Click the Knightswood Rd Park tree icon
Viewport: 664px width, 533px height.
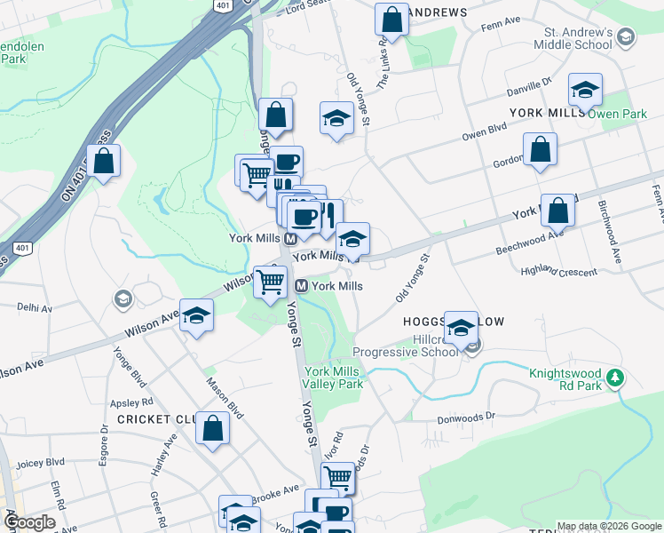[614, 379]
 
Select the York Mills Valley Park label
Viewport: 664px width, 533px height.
[333, 378]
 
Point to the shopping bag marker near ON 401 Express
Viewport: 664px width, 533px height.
[104, 162]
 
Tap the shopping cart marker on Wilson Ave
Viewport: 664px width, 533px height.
[271, 282]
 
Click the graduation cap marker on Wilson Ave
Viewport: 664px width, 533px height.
[196, 316]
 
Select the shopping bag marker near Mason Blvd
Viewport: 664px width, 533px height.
[213, 429]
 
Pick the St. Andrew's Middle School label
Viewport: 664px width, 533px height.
[573, 38]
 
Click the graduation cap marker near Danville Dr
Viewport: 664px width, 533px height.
[585, 90]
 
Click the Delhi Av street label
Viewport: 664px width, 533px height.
[36, 307]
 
